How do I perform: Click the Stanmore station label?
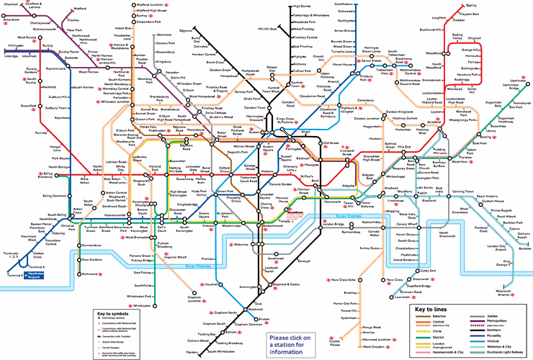(x=164, y=35)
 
